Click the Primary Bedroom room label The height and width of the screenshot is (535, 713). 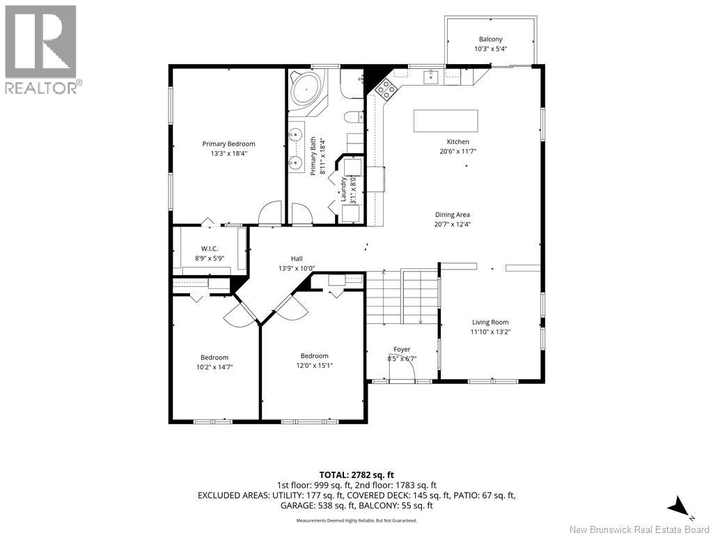point(228,144)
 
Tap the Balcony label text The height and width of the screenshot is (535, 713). point(490,40)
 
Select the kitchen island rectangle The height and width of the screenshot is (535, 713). point(446,121)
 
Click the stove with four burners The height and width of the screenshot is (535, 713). point(385,89)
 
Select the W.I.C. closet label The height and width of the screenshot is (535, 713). point(210,249)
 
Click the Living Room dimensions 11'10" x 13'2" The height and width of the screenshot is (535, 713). point(490,332)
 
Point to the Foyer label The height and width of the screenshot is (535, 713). point(402,350)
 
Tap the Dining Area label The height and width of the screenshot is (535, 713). point(453,215)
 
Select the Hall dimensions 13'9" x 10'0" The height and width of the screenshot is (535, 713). point(297,268)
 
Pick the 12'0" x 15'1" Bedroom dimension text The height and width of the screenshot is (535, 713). point(314,365)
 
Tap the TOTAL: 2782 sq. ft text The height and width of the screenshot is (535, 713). point(356,476)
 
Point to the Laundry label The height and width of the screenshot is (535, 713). point(344,189)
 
